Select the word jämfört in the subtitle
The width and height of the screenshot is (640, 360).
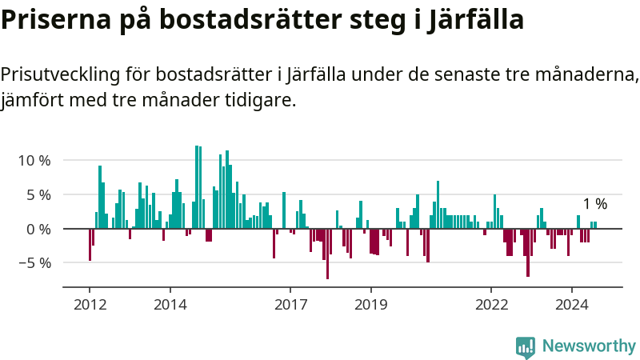pyautogui.click(x=30, y=100)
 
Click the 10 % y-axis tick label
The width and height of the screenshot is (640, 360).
pyautogui.click(x=34, y=160)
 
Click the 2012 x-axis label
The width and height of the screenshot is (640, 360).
pyautogui.click(x=90, y=304)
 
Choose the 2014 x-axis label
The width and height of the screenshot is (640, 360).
pyautogui.click(x=170, y=304)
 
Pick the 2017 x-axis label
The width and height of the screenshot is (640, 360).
pyautogui.click(x=290, y=304)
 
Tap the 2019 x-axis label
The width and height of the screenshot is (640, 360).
pyautogui.click(x=370, y=304)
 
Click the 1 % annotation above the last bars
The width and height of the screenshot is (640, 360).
pyautogui.click(x=594, y=204)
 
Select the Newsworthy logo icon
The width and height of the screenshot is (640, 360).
pyautogui.click(x=526, y=346)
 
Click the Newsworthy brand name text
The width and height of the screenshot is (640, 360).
pyautogui.click(x=589, y=346)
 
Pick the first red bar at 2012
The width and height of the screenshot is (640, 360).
pyautogui.click(x=90, y=244)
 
